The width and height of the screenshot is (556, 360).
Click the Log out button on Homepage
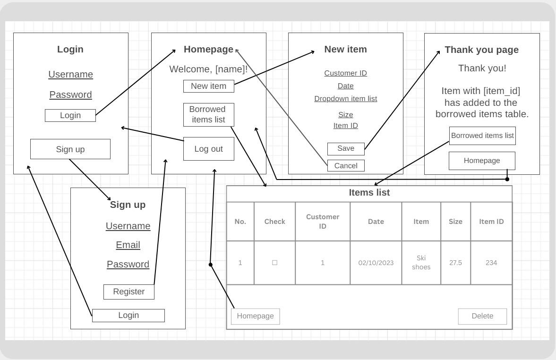[208, 149]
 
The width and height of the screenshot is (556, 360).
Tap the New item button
[208, 86]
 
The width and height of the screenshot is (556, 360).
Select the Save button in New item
[346, 149]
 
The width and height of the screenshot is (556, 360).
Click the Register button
[128, 291]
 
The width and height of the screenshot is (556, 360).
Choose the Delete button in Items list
[482, 316]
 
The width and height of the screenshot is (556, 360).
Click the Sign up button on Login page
[70, 149]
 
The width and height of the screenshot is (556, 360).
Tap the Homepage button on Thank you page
[482, 161]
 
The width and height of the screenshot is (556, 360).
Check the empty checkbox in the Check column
[274, 263]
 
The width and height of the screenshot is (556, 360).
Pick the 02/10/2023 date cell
[376, 263]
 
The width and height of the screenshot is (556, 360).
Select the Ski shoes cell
[421, 263]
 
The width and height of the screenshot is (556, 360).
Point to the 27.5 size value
[456, 263]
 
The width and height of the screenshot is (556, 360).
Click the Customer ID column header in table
[323, 221]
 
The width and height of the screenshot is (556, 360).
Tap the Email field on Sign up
[128, 245]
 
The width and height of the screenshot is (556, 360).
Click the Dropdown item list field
[346, 99]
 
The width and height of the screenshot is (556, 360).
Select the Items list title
[369, 193]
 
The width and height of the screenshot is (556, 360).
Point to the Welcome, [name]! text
[208, 69]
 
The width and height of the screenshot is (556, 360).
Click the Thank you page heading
[481, 50]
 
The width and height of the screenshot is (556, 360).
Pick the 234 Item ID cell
[491, 263]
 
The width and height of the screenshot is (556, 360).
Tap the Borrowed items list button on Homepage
[208, 114]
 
